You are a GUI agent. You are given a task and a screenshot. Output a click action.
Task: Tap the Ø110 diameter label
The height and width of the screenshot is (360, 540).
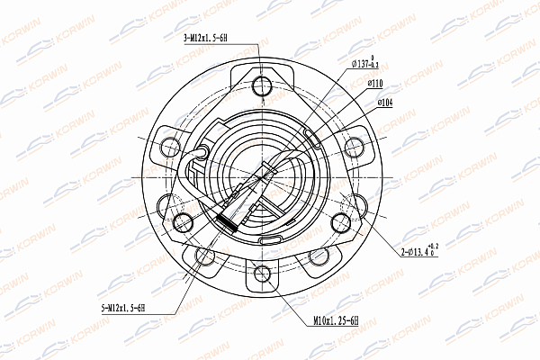coord(376,84)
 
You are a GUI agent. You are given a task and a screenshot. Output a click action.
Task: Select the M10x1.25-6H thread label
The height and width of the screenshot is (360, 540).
coord(336,320)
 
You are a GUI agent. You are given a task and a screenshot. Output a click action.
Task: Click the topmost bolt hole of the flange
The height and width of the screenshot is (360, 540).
coord(262,86)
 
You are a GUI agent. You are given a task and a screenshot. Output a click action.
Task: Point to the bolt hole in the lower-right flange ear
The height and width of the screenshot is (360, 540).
coord(318,256)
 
